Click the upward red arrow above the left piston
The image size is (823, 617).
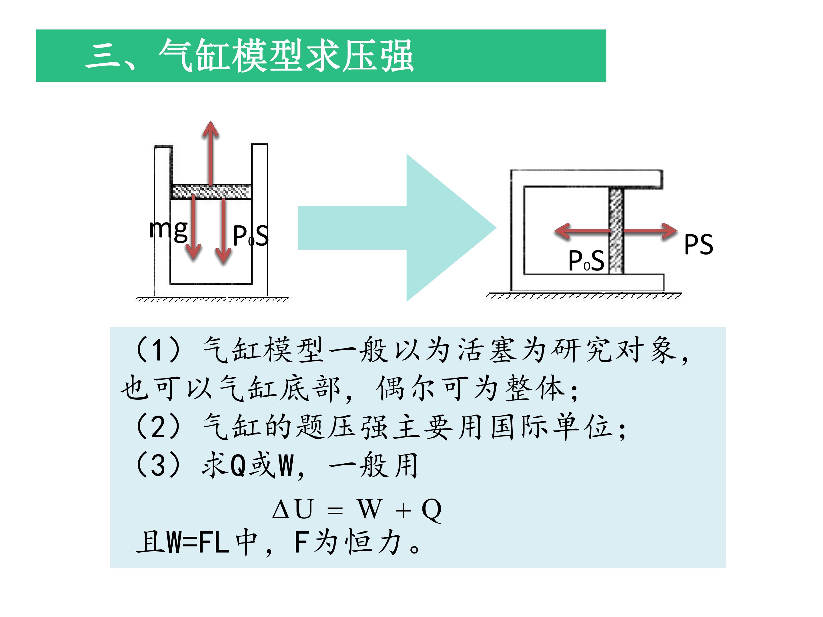coord(211,153)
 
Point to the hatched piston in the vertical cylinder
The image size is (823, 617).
coord(211,192)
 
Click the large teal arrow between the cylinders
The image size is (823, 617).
coord(397,228)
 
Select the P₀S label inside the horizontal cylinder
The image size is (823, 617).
coord(586,260)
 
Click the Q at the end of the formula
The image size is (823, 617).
coord(432,510)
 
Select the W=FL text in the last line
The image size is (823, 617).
coord(197,543)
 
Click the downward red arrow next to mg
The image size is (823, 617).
coord(193,227)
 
